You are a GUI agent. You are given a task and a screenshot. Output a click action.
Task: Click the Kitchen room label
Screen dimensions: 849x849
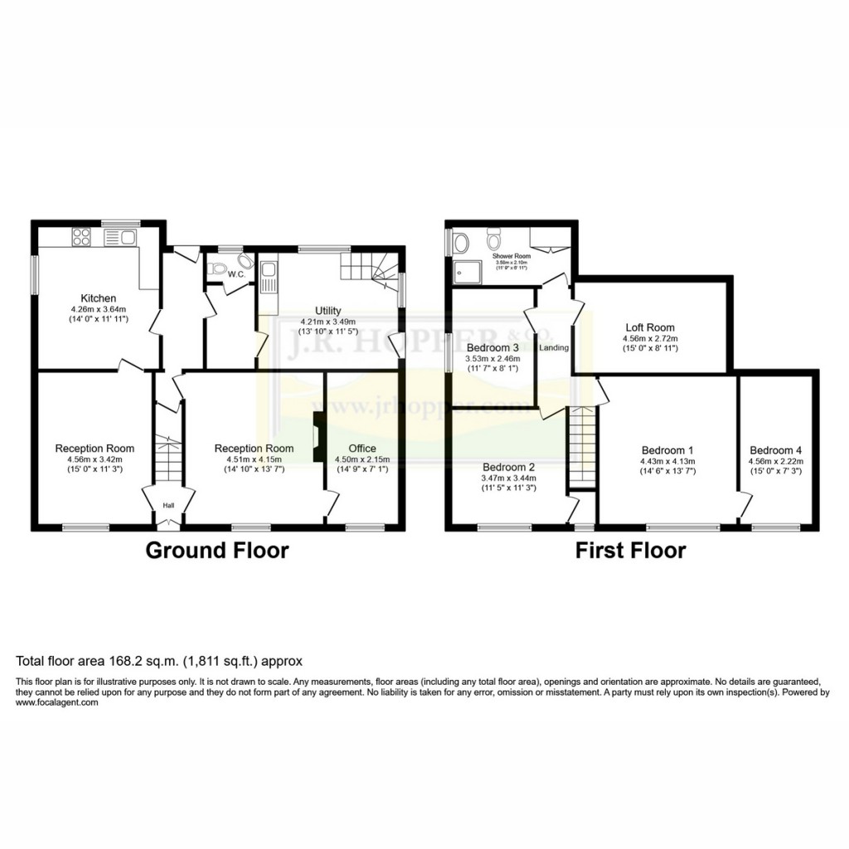point(98,298)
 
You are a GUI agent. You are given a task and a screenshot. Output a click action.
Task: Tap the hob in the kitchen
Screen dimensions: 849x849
point(82,238)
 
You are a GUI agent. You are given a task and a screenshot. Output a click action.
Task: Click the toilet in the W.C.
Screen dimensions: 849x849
point(218,267)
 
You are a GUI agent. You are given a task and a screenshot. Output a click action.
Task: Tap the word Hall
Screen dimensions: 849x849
point(168,505)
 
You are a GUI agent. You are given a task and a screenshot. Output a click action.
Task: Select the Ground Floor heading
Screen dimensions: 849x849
point(217,550)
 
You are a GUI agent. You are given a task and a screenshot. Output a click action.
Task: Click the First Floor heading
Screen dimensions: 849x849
point(631,550)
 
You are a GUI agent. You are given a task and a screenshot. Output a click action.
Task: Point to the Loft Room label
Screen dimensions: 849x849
point(649,327)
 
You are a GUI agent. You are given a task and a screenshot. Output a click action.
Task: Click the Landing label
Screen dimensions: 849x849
point(554,347)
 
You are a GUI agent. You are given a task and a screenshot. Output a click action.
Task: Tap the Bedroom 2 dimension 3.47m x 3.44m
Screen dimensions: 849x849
point(510,478)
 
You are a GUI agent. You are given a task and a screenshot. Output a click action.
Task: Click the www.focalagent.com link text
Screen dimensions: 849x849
point(57,702)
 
